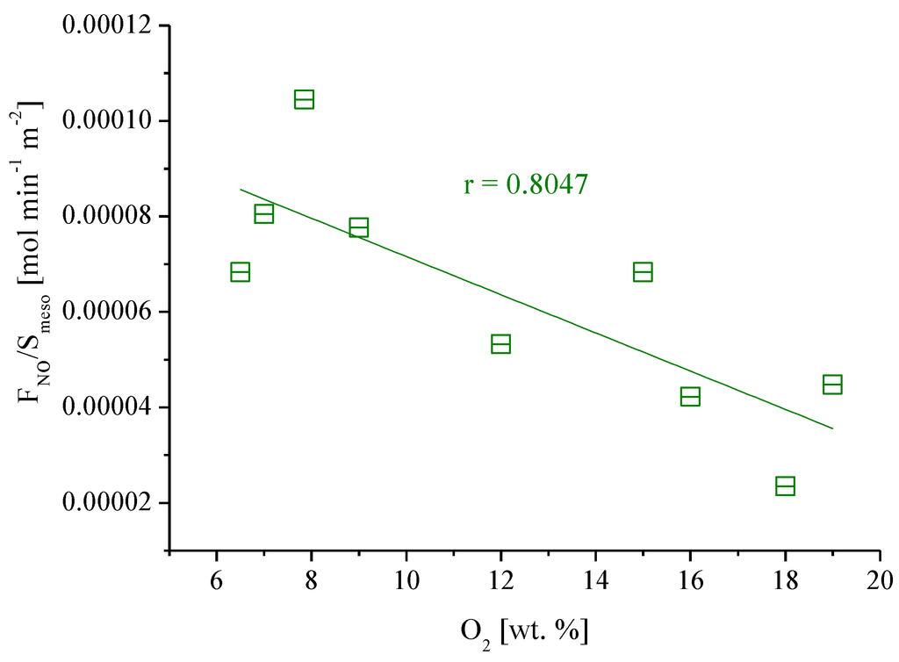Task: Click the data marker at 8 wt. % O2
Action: point(304,99)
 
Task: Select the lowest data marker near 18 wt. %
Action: point(785,486)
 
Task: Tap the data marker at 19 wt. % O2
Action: point(832,385)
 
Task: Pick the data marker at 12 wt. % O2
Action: point(500,343)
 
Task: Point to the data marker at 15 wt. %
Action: point(643,271)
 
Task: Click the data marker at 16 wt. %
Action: point(690,397)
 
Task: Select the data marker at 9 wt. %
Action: point(358,228)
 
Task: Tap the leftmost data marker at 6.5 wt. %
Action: point(240,271)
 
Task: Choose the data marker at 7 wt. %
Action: point(263,213)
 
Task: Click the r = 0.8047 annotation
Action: point(525,185)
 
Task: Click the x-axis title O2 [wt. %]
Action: point(525,631)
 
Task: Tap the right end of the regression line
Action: point(831,428)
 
